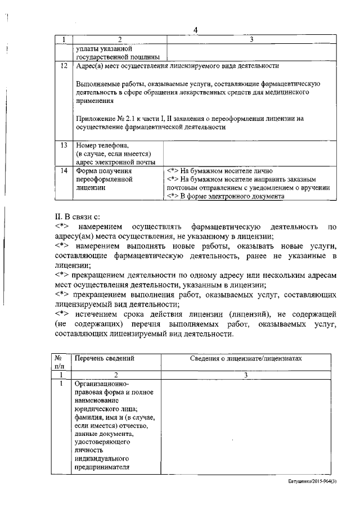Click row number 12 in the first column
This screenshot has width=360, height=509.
click(x=64, y=66)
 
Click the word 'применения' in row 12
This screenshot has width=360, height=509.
click(x=94, y=101)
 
